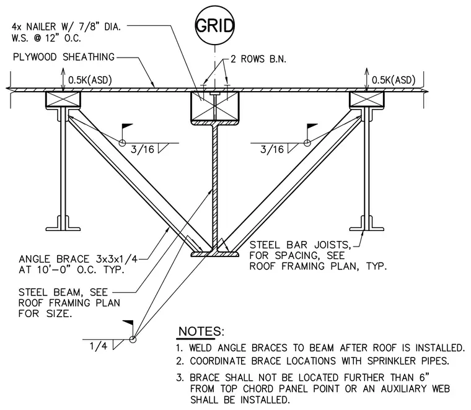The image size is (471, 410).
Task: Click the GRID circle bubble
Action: [214, 25]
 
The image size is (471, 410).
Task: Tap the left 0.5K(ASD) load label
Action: [90, 80]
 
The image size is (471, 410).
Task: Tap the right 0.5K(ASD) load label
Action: [394, 80]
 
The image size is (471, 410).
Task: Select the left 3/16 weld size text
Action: [143, 149]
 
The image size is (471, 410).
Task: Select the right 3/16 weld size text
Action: [272, 149]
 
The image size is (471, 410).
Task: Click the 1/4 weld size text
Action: [98, 346]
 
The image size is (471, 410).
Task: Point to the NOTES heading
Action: [201, 331]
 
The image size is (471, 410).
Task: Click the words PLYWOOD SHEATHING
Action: [64, 57]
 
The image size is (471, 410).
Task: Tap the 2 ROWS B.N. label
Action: [258, 59]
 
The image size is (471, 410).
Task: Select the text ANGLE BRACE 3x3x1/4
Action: [78, 259]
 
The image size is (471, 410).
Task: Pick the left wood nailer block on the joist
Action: [63, 99]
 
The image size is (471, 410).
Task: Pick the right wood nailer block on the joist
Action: [367, 99]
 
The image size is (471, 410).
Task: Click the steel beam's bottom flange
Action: [215, 254]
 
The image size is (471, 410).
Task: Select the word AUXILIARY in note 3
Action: [403, 389]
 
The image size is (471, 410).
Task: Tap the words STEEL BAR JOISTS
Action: [301, 245]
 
